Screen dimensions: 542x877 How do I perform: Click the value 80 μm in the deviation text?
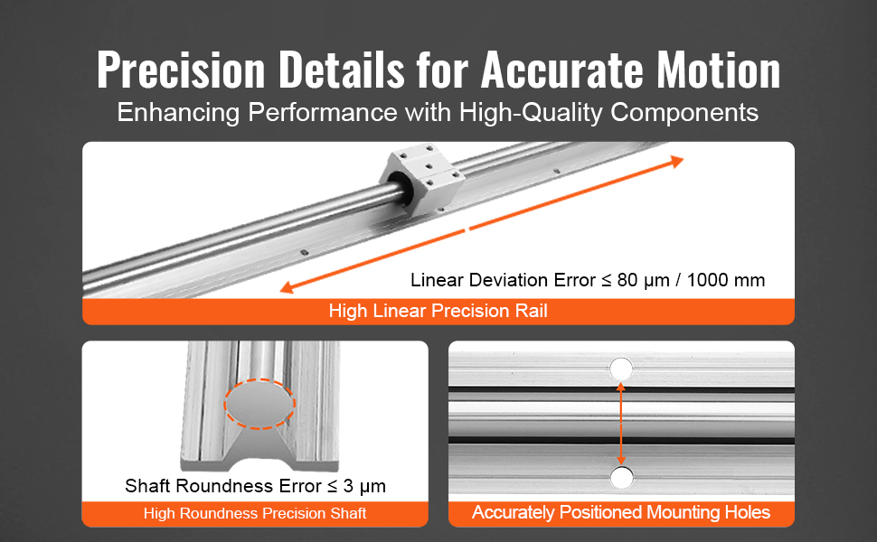(641, 280)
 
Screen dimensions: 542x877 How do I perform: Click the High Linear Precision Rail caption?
(438, 312)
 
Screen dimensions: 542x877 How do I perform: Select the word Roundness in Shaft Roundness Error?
(226, 486)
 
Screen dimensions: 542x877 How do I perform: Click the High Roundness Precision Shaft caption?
(254, 514)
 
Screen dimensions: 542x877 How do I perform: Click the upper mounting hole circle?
(621, 369)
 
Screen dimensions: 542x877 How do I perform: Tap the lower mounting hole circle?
(621, 477)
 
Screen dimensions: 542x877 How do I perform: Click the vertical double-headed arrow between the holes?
(621, 423)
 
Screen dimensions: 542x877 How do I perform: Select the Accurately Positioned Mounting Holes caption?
(621, 513)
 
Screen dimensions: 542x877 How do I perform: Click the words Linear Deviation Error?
(504, 280)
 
